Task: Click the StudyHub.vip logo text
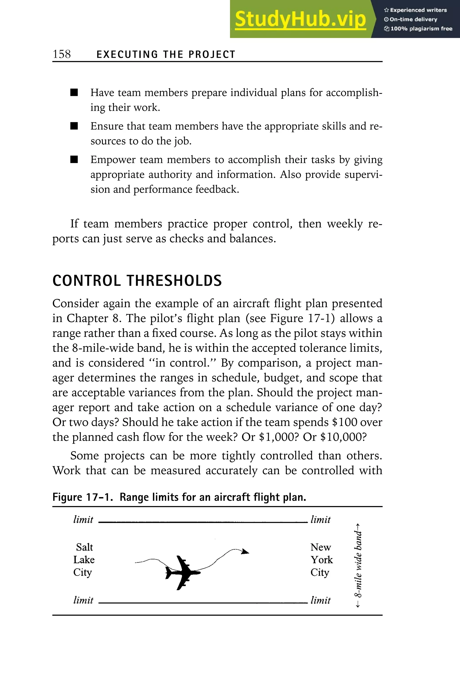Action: pyautogui.click(x=300, y=19)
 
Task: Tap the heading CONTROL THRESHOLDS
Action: pyautogui.click(x=137, y=281)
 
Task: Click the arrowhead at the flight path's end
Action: pyautogui.click(x=245, y=552)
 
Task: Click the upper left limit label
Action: pyautogui.click(x=83, y=520)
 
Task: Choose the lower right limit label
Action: pyautogui.click(x=320, y=600)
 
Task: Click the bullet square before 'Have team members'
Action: pyautogui.click(x=74, y=93)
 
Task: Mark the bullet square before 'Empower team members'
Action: pyautogui.click(x=74, y=160)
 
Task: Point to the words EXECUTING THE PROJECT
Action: pyautogui.click(x=166, y=55)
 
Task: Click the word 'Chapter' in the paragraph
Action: pyautogui.click(x=86, y=318)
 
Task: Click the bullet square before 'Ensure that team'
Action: pyautogui.click(x=74, y=126)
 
